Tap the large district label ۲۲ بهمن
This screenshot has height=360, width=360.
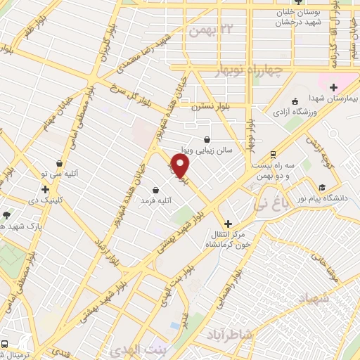coord(209,29)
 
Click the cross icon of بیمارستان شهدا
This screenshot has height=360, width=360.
coord(334,87)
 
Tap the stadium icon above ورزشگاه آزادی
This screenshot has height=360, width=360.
coord(295,101)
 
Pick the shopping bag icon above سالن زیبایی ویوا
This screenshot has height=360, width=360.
coord(206,139)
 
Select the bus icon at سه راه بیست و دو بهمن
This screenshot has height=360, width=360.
coord(273,155)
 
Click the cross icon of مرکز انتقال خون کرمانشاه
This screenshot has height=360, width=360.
coord(228,223)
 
